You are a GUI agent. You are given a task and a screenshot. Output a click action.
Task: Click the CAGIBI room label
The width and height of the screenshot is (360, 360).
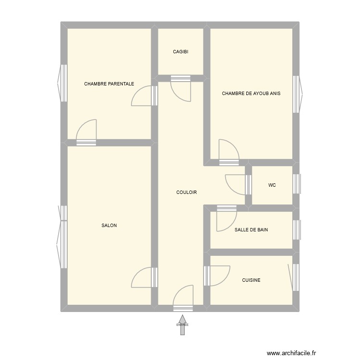[x=181, y=52]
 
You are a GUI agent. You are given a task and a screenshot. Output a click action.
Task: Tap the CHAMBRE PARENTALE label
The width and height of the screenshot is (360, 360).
[x=109, y=84]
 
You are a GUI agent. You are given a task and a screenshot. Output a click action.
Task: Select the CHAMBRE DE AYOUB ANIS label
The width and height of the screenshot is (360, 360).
[x=251, y=94]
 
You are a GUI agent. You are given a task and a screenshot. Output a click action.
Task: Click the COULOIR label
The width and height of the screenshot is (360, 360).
[x=187, y=192]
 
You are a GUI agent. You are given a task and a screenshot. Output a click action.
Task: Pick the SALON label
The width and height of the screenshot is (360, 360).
[x=109, y=226]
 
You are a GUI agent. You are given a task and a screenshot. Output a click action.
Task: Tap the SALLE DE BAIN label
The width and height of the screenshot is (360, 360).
[x=251, y=230]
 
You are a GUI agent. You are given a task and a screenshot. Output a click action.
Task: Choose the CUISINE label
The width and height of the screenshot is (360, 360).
[x=251, y=280]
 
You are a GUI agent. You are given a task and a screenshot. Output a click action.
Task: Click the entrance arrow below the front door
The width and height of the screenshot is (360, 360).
[x=182, y=324]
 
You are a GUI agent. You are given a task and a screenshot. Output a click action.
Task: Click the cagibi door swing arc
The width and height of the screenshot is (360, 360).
[x=181, y=90]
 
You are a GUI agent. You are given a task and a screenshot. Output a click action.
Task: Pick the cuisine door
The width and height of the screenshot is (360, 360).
[x=216, y=276]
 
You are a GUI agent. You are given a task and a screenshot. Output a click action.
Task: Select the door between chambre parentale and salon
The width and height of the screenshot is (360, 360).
[x=87, y=131]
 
